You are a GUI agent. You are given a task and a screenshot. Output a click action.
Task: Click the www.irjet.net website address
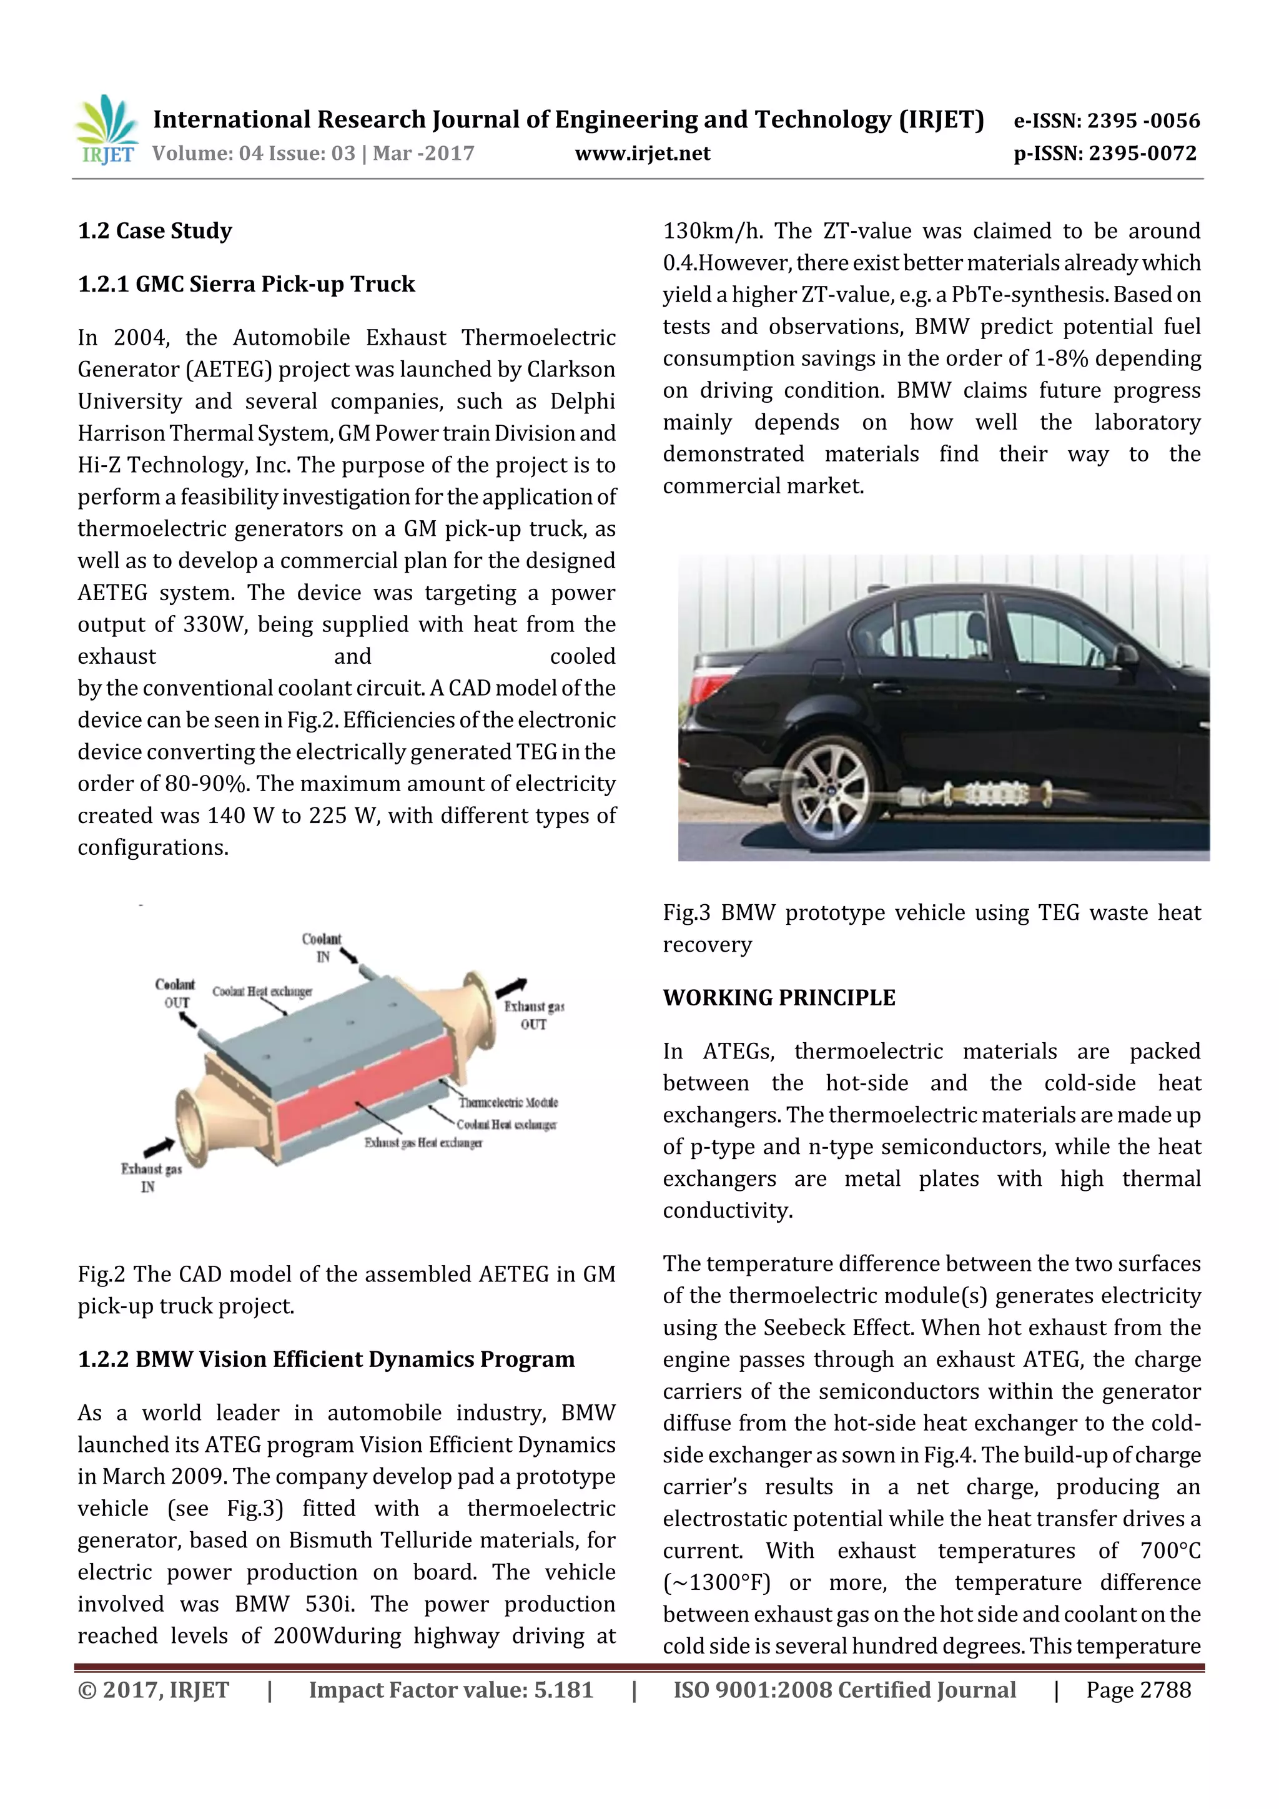click(642, 154)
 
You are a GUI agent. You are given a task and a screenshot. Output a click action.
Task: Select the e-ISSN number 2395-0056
click(1107, 121)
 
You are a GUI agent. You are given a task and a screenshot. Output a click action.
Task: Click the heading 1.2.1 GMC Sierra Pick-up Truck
click(246, 283)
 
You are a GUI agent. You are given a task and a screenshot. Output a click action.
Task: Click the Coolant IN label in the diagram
click(322, 947)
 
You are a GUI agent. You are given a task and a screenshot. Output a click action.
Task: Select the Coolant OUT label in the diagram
click(175, 993)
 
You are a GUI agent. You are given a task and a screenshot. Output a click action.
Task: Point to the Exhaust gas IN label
click(151, 1177)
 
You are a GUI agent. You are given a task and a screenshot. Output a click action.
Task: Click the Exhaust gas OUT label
click(533, 1015)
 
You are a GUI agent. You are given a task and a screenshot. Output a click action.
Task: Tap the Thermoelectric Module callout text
click(508, 1102)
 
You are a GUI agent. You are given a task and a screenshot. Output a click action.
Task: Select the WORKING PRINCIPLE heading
click(779, 997)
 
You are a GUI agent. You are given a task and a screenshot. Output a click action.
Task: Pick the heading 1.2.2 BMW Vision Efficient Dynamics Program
click(326, 1359)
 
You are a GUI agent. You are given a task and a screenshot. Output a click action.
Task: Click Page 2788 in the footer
click(1138, 1689)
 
